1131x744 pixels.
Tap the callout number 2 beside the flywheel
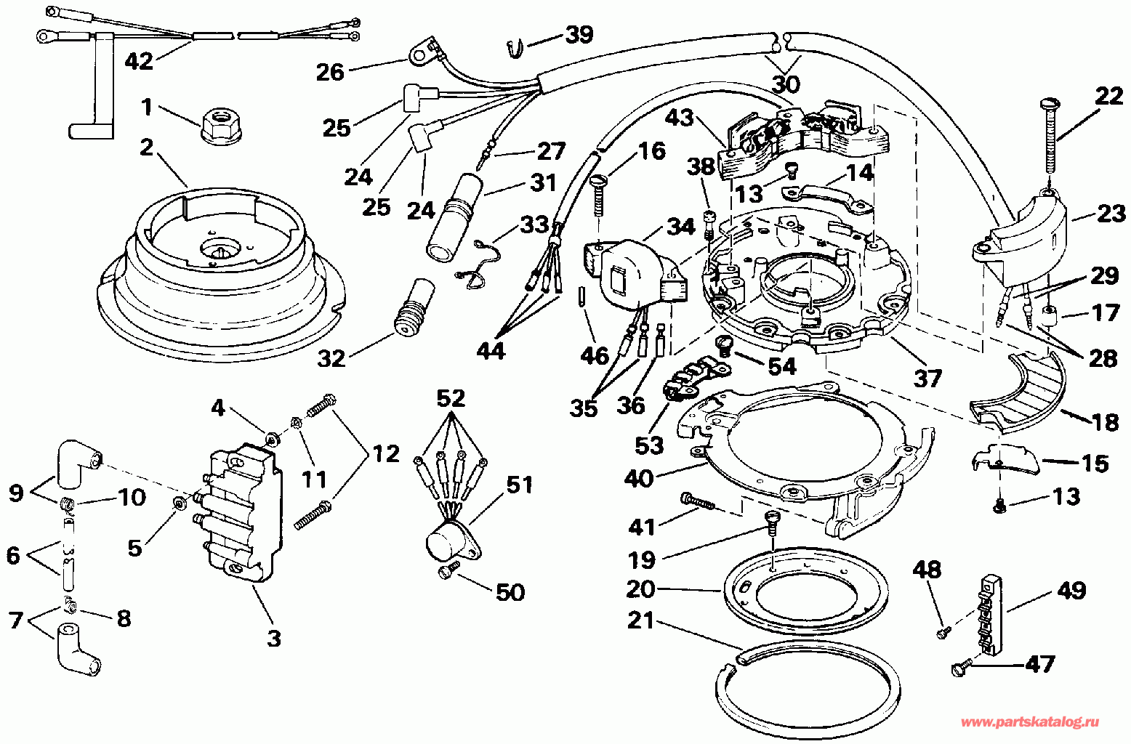tap(146, 147)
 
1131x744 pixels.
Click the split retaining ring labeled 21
tap(808, 697)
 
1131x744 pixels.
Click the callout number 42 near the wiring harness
tap(139, 62)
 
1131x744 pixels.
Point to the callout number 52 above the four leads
tap(451, 399)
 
